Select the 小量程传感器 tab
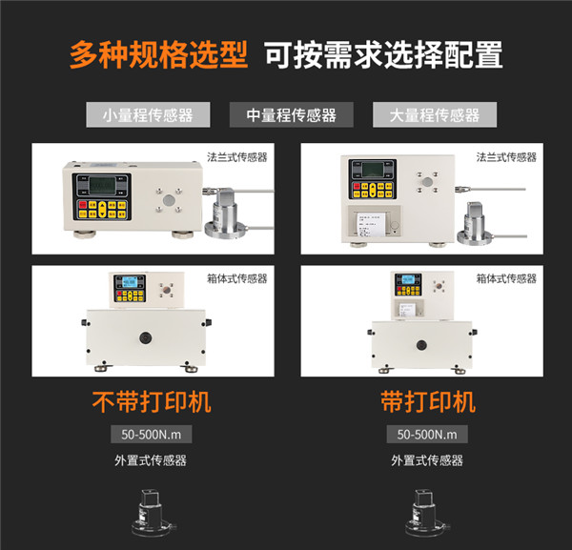click(x=148, y=115)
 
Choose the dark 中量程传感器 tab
click(x=291, y=115)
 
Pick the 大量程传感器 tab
click(x=434, y=115)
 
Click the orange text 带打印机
click(x=427, y=401)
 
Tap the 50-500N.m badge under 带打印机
click(x=427, y=435)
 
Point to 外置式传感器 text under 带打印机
click(x=427, y=460)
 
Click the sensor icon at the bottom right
click(x=427, y=515)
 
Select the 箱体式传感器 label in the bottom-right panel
click(x=506, y=278)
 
